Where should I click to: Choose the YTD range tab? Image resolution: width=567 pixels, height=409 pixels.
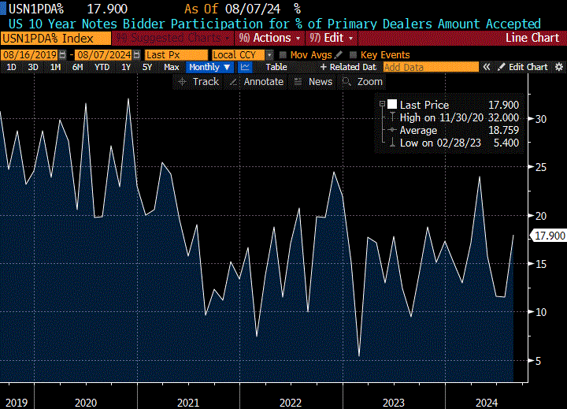(102, 67)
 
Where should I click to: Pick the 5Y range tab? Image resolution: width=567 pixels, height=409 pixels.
(147, 67)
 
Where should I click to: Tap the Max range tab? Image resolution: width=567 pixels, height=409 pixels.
(171, 67)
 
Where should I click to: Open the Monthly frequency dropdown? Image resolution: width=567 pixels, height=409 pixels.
(210, 67)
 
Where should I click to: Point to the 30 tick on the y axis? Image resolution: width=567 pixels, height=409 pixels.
(541, 119)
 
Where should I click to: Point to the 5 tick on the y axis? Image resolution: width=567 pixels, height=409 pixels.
(539, 361)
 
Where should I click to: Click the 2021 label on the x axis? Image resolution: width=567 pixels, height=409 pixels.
(187, 403)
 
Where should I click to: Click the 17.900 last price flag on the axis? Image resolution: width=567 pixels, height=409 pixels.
(548, 236)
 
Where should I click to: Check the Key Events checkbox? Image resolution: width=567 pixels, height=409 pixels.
(353, 54)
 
